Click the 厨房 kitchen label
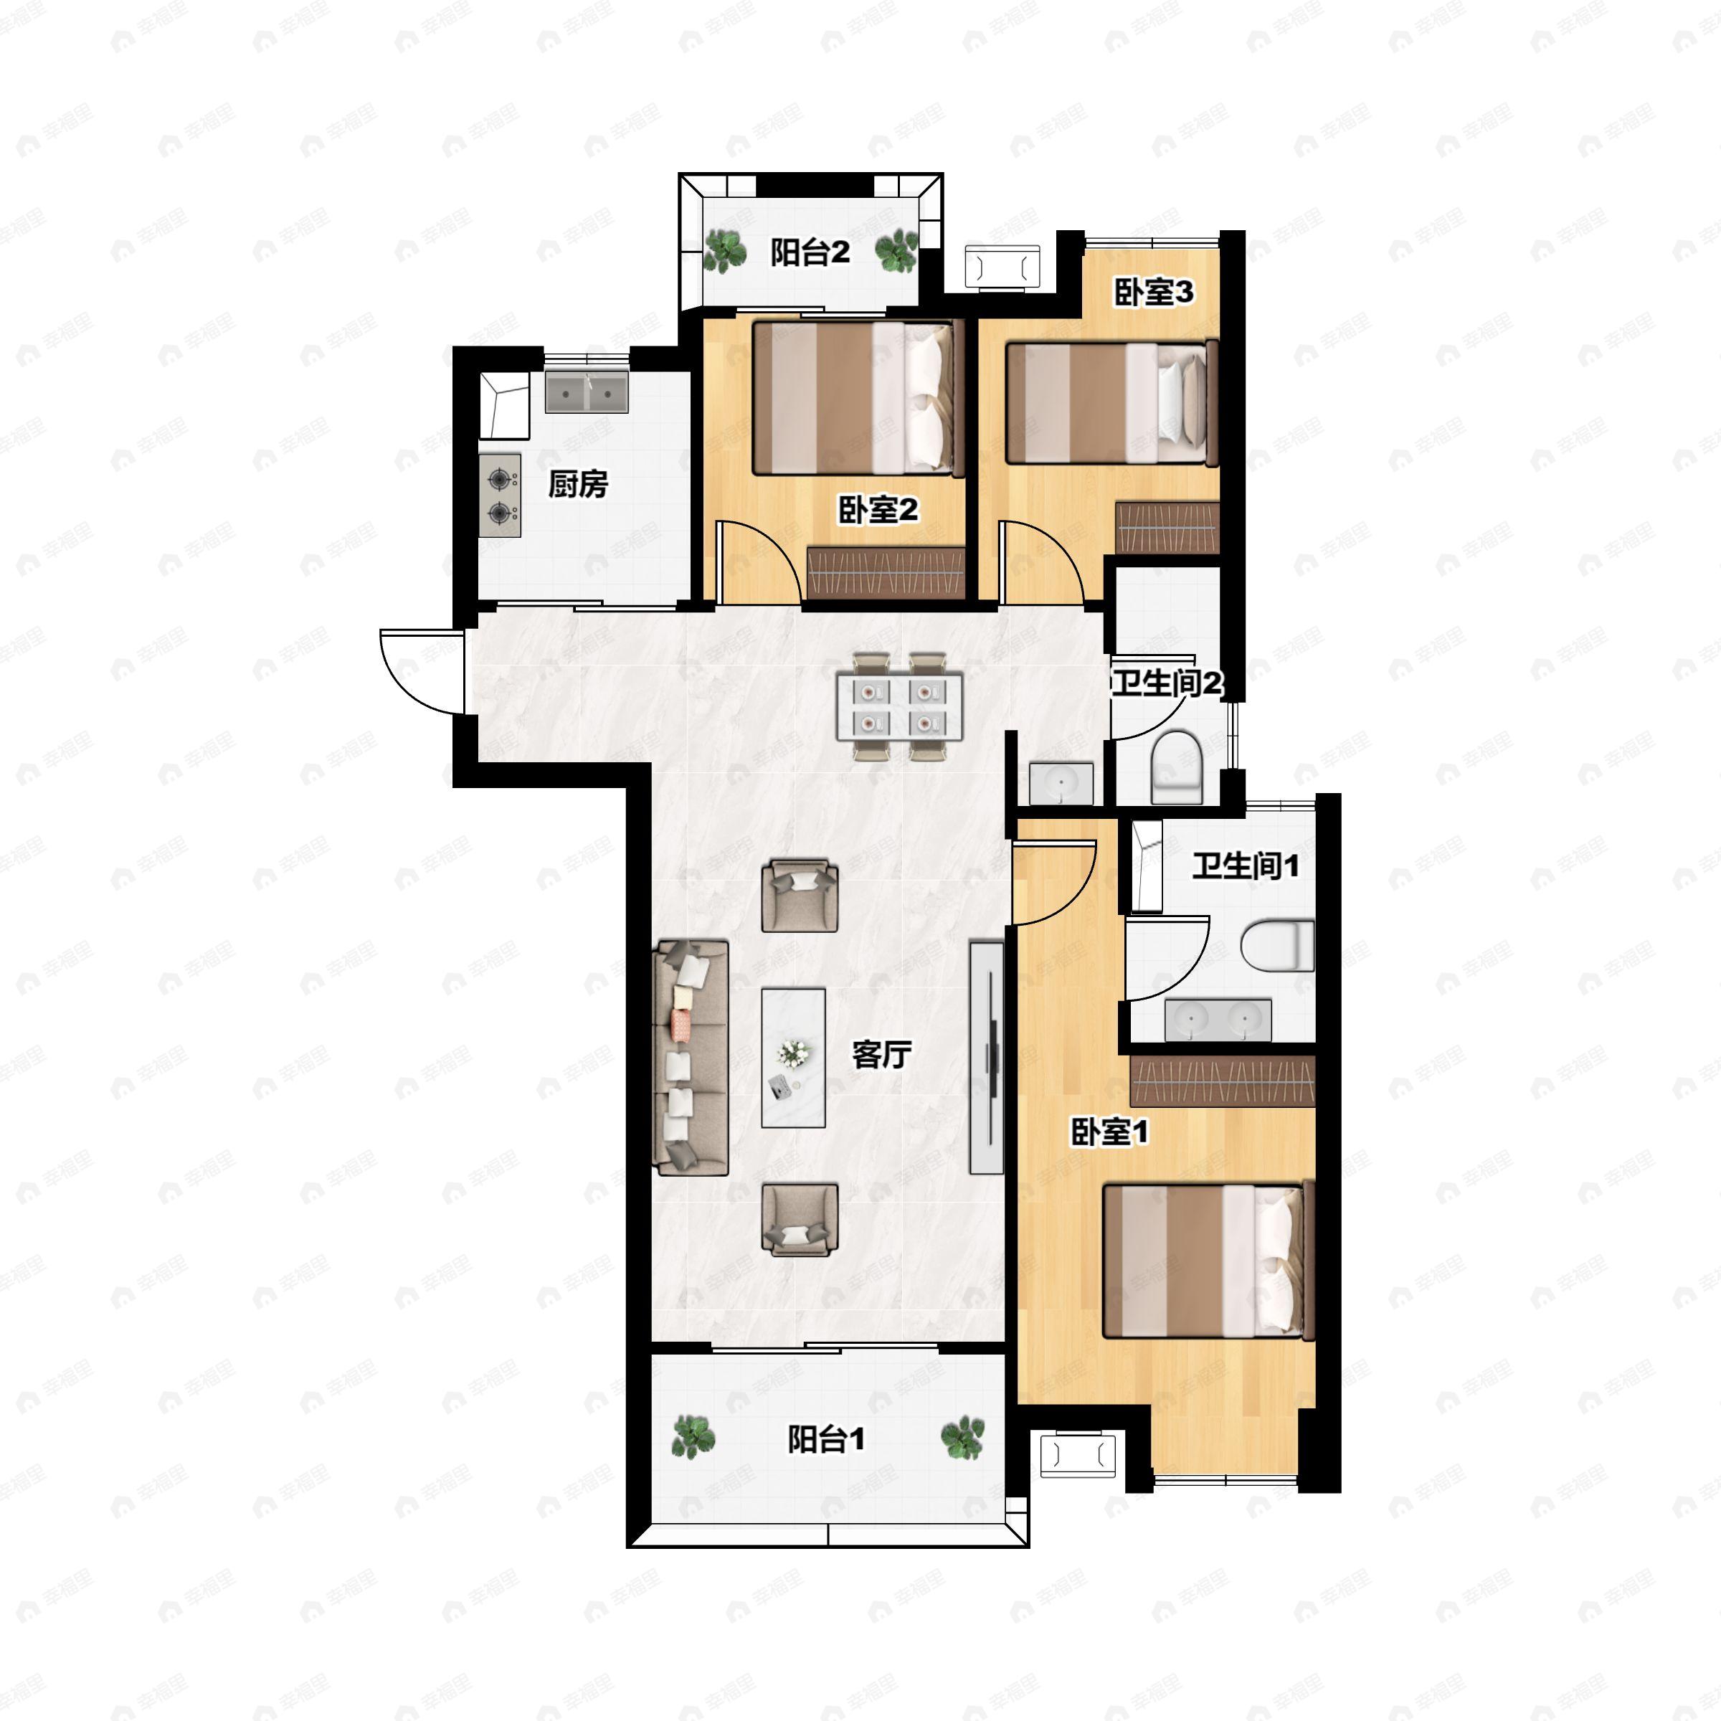coord(578,485)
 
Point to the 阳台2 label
coord(810,253)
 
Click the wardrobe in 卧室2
coord(886,573)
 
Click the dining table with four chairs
coord(900,706)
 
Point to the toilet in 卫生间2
coord(1177,767)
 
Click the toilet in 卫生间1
coord(1277,947)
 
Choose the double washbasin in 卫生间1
coord(1218,1020)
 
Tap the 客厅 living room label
coord(881,1055)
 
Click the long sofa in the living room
coord(691,1058)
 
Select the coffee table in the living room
coord(793,1058)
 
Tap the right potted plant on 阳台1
coord(963,1438)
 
